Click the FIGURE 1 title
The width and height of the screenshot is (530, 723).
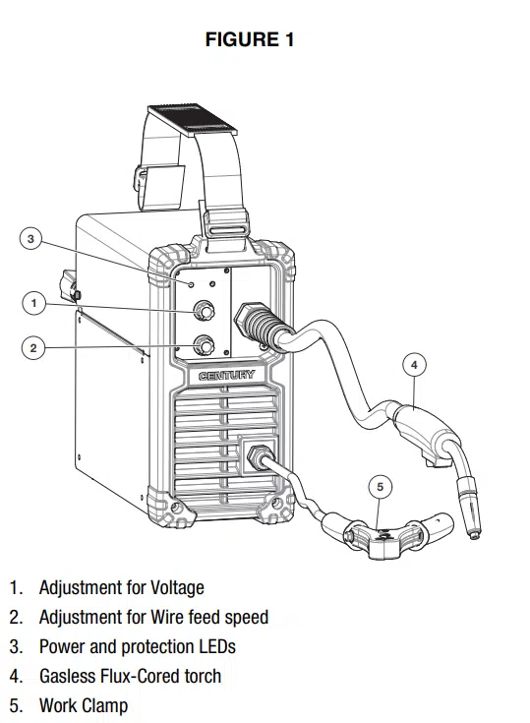(x=250, y=39)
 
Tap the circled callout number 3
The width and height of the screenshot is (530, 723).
(x=30, y=239)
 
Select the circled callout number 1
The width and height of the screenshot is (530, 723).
(x=33, y=303)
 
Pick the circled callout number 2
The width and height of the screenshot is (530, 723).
(x=33, y=347)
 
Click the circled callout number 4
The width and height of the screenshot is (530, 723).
(x=414, y=365)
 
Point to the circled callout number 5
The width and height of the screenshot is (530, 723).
(x=380, y=487)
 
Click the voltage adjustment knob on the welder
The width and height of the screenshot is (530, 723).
(x=204, y=310)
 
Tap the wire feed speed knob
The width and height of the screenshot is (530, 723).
(x=204, y=345)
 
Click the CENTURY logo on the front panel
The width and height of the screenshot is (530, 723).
(x=226, y=376)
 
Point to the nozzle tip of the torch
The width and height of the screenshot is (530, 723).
(x=474, y=533)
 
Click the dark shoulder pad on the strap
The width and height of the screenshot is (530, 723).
(x=193, y=120)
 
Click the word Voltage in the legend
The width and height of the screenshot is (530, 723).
(x=177, y=587)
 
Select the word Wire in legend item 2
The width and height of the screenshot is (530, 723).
(x=166, y=617)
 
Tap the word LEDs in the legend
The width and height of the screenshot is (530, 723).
(x=217, y=646)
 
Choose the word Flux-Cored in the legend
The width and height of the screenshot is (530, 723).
(x=137, y=676)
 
